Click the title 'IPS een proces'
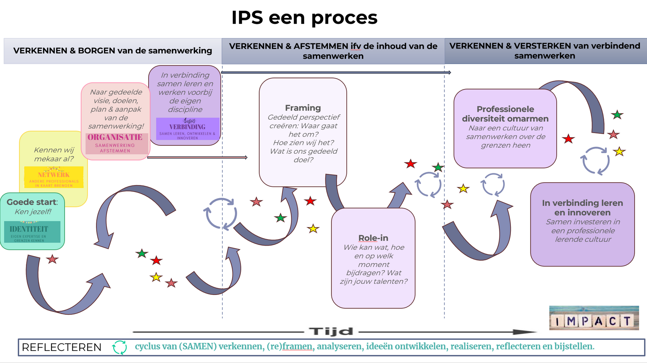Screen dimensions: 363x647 304,18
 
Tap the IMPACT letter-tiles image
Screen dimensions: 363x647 594,318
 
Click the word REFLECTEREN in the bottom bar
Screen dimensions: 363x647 62,347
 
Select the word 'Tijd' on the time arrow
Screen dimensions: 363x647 331,332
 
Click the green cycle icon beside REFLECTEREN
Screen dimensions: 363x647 120,347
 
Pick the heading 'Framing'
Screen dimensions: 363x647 303,108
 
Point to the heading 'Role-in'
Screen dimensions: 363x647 373,238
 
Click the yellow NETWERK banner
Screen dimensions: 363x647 54,177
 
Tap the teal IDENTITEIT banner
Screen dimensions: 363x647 32,232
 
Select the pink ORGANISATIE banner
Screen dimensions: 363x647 115,143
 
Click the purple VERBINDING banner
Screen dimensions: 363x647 188,129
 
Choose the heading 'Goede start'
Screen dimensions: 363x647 32,202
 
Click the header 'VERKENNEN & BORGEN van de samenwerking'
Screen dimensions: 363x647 113,51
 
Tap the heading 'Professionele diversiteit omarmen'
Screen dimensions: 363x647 505,114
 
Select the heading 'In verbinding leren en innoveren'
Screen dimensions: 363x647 582,208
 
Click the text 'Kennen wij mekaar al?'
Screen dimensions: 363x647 54,154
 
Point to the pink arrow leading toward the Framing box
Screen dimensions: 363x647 197,157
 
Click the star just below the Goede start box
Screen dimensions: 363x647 52,259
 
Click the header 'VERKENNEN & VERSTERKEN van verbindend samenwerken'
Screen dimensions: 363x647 545,51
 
